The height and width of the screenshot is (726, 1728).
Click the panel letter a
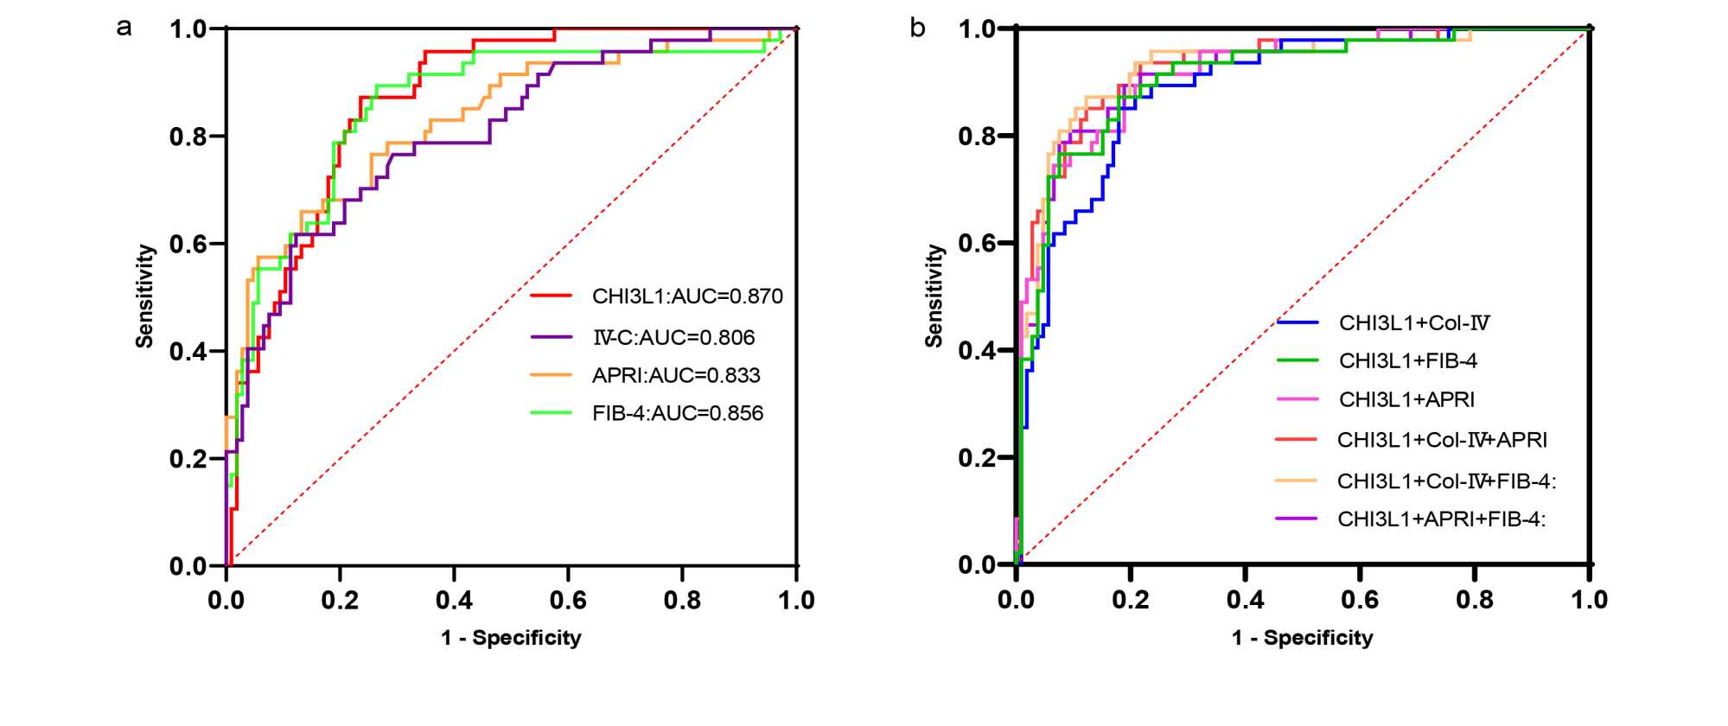(x=124, y=28)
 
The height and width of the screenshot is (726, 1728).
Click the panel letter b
(x=917, y=29)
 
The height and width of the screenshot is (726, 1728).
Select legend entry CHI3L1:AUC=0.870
(x=687, y=296)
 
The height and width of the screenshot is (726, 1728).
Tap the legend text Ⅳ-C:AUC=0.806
(x=673, y=337)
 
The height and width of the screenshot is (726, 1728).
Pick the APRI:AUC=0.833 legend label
(x=676, y=375)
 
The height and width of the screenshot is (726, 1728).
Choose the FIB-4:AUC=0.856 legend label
(x=678, y=413)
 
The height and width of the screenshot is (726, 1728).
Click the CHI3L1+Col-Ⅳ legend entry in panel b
(x=1414, y=323)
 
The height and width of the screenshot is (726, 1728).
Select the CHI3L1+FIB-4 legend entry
(x=1408, y=360)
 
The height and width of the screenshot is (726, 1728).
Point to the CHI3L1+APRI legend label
(x=1406, y=399)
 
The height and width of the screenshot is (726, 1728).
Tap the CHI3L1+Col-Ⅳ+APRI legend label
(x=1442, y=440)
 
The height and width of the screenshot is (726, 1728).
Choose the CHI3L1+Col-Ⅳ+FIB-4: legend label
(x=1446, y=481)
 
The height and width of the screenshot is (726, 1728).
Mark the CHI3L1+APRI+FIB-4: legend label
(x=1441, y=519)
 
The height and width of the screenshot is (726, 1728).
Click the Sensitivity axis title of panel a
(x=145, y=296)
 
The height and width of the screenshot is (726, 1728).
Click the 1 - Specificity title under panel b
(x=1302, y=638)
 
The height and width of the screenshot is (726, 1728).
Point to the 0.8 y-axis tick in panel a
(x=188, y=137)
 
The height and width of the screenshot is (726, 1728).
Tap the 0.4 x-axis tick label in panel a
(x=454, y=600)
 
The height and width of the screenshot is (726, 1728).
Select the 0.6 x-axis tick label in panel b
(x=1360, y=600)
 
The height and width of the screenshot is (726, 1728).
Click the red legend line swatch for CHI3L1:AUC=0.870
(x=552, y=296)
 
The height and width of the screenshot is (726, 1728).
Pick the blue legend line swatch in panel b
(x=1298, y=322)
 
